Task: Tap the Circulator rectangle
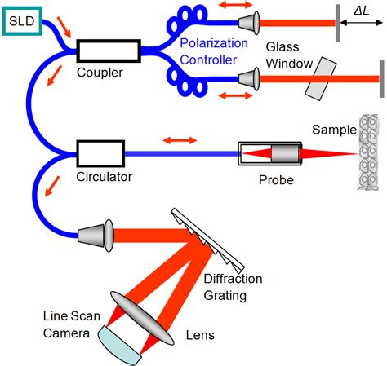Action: (99, 152)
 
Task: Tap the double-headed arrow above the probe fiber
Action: (181, 141)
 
